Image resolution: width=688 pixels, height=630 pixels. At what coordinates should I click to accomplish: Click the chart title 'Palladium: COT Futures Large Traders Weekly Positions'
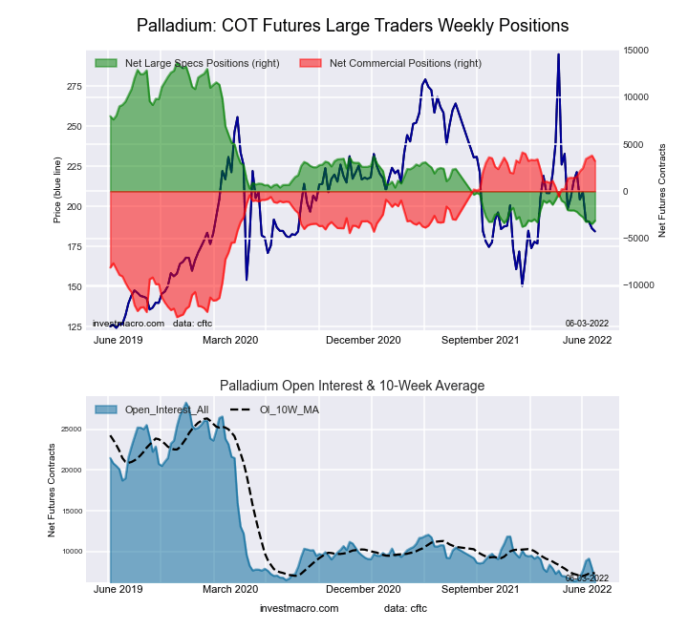coord(353,24)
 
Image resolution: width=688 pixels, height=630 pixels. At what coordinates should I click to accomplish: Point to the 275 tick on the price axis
coord(75,87)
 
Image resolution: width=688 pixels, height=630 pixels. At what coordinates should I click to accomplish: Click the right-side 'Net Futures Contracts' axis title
coord(661,190)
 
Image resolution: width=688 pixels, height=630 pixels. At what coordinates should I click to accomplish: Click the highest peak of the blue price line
coord(558,55)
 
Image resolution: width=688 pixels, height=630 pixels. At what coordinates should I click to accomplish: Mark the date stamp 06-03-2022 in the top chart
coord(587,323)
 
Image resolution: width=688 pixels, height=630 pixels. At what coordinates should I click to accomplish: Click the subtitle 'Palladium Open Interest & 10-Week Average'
coord(353,386)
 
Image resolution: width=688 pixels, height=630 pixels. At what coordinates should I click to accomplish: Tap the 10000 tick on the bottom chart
coord(72,551)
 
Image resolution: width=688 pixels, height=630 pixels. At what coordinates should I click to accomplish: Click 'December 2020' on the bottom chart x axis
coord(363,590)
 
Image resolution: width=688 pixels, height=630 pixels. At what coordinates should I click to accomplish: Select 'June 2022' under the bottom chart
coord(587,590)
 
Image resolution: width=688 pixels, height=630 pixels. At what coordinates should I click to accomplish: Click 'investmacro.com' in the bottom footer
coord(299,608)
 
